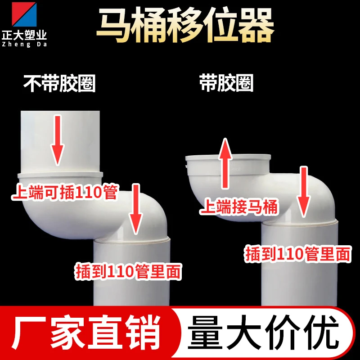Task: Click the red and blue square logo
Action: [x=24, y=14]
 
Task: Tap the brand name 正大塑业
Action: [x=24, y=35]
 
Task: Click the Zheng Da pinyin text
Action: [x=24, y=44]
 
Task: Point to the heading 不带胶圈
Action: [x=59, y=83]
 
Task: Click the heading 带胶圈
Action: [x=226, y=83]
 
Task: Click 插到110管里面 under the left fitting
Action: [x=128, y=272]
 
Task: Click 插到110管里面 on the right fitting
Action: [x=298, y=254]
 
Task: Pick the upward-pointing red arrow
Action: [x=225, y=163]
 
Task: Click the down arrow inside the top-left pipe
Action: [x=58, y=140]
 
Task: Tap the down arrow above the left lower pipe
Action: [x=136, y=209]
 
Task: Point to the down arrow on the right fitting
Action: [x=304, y=192]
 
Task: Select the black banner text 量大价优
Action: [x=263, y=333]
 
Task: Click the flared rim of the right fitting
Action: [x=228, y=158]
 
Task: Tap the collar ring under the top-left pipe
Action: [x=60, y=175]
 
